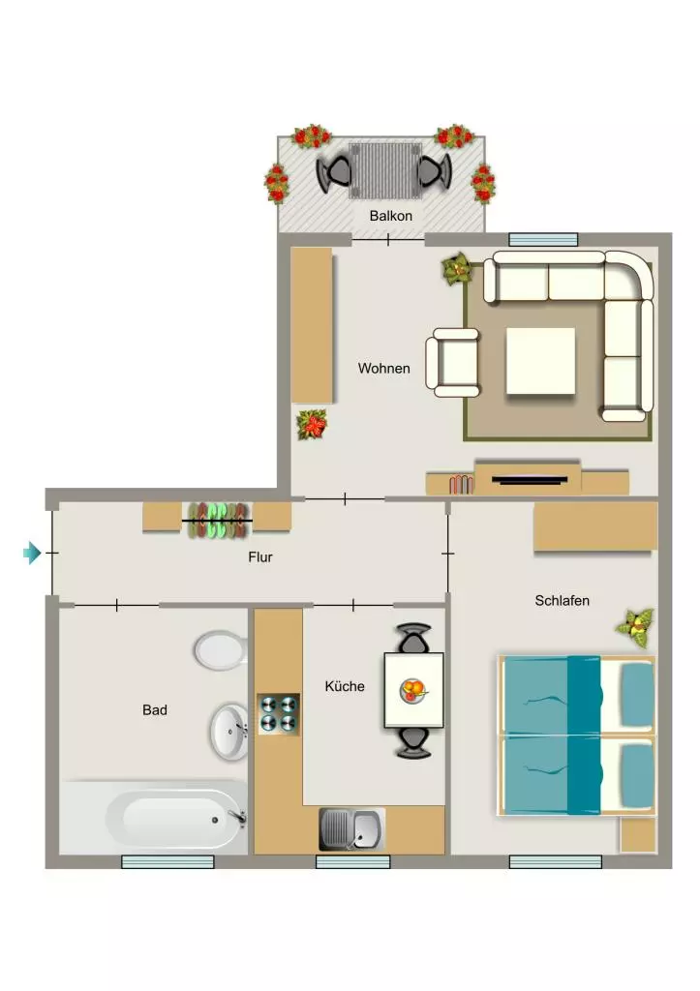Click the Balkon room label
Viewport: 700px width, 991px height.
click(391, 216)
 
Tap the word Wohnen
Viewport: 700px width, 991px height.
click(383, 368)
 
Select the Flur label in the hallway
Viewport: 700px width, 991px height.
click(260, 556)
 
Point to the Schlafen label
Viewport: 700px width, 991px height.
click(563, 600)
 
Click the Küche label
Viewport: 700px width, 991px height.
click(345, 686)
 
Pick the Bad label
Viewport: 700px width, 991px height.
click(155, 709)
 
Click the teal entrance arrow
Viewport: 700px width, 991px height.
click(32, 553)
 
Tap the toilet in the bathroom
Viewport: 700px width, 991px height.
click(221, 649)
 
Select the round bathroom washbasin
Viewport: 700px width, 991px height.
click(228, 732)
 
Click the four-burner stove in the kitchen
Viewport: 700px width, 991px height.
click(278, 713)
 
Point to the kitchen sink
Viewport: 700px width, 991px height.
click(351, 828)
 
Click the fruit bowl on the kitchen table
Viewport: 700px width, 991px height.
click(413, 689)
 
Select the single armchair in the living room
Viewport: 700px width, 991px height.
click(453, 363)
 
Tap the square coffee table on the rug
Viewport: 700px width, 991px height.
click(540, 361)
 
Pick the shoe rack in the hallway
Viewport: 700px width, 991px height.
click(217, 520)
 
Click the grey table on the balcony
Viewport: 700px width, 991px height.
click(385, 170)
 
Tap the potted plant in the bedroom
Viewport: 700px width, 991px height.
click(636, 627)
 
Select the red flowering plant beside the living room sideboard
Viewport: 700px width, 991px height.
click(313, 424)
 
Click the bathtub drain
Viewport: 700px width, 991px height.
click(215, 820)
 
